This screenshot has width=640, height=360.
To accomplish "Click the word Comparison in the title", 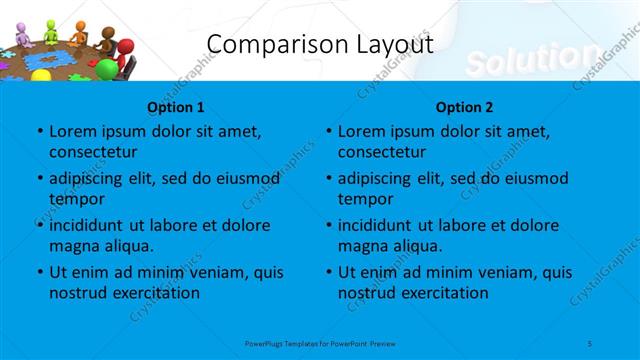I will [x=264, y=45].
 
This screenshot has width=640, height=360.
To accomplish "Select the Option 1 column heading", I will [x=175, y=106].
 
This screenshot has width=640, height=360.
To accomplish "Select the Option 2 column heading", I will [x=464, y=106].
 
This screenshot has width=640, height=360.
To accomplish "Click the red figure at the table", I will [x=124, y=50].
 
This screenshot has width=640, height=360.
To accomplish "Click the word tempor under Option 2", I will [x=366, y=199].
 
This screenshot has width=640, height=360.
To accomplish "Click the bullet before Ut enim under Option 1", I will [x=39, y=272].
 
